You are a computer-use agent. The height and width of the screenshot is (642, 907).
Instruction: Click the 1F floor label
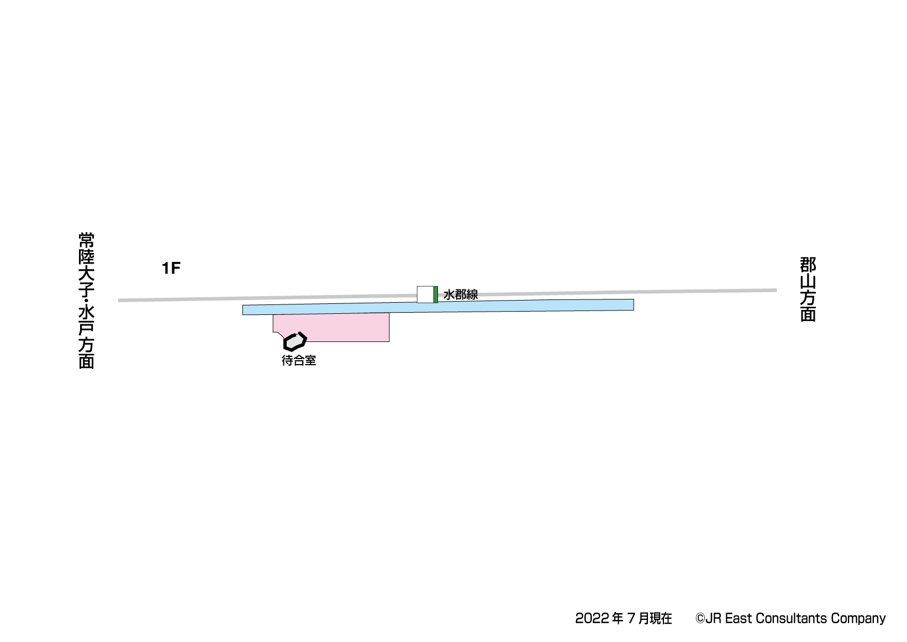click(171, 268)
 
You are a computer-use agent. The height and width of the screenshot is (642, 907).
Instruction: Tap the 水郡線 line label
click(460, 294)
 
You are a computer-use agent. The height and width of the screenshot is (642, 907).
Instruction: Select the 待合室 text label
click(299, 360)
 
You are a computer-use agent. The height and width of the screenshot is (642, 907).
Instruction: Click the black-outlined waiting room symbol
click(295, 341)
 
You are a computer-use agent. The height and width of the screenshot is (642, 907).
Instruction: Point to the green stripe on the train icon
click(436, 294)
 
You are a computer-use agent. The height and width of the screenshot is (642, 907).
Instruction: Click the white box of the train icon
click(425, 294)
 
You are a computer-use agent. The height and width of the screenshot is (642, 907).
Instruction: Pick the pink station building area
click(331, 327)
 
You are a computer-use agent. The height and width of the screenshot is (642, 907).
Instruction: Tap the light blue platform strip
click(438, 307)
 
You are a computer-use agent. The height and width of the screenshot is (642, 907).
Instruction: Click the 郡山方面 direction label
click(808, 289)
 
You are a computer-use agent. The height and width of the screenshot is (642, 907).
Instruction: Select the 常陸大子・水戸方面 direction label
click(86, 300)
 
